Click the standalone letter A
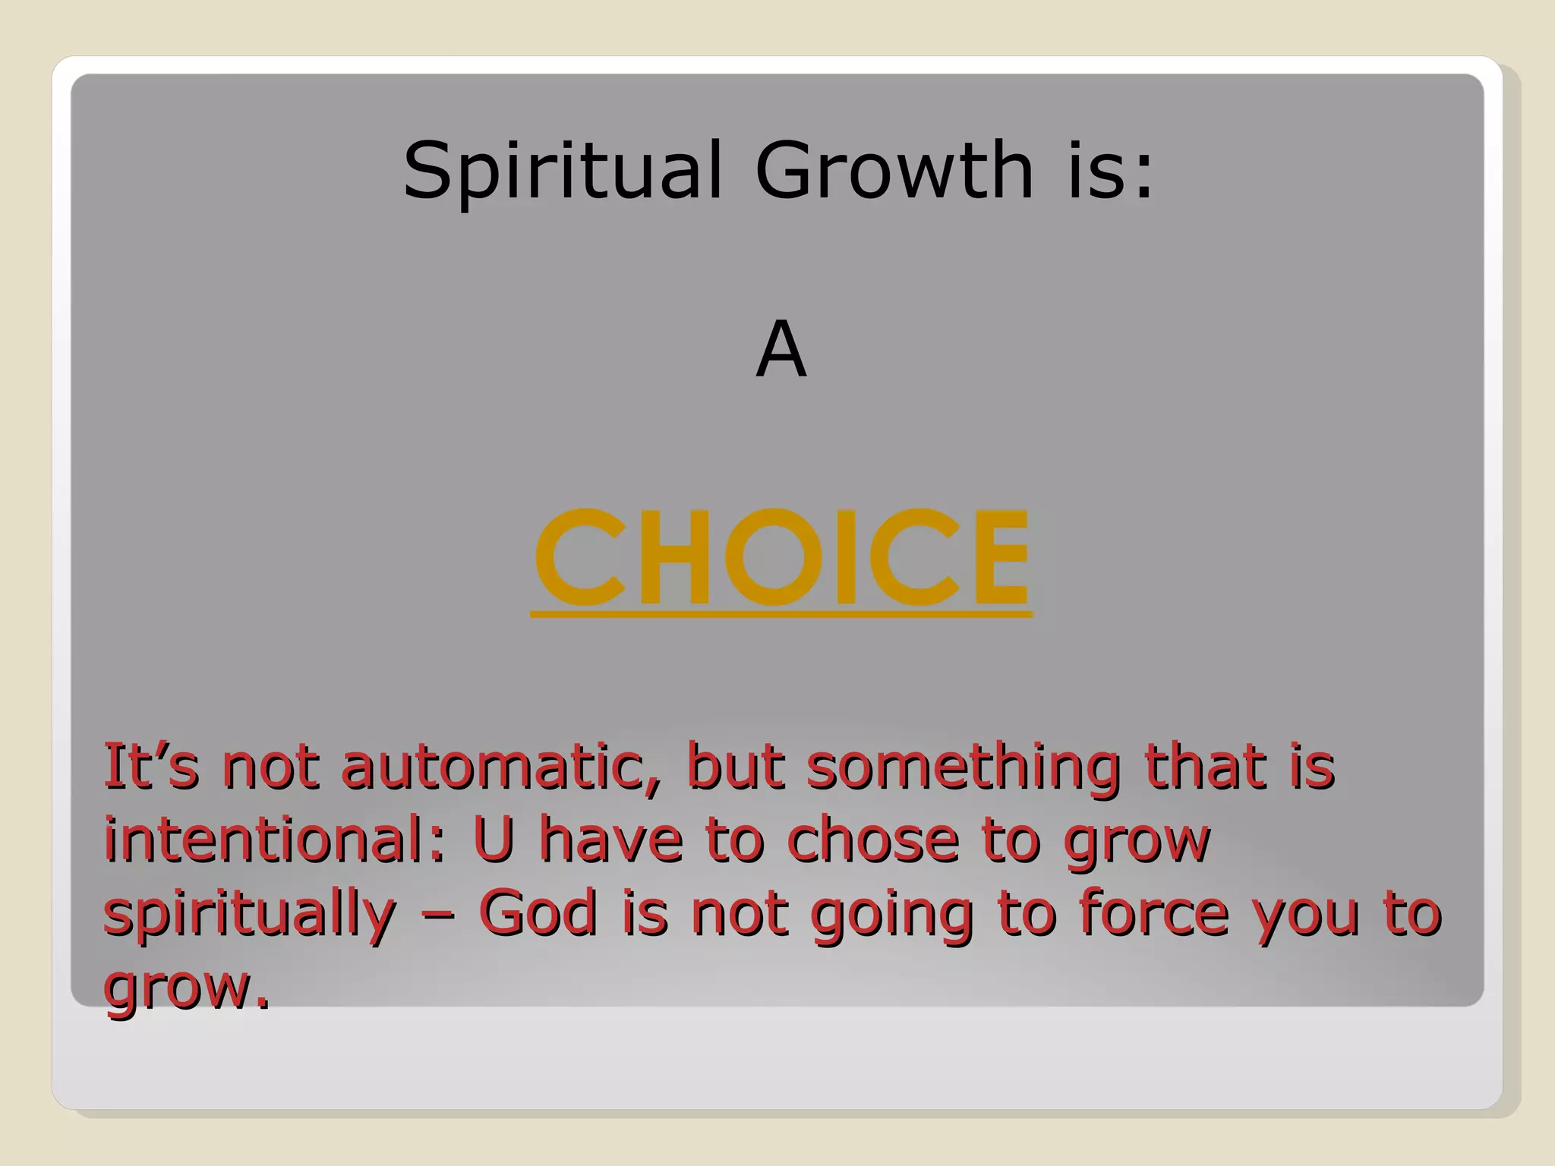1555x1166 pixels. [x=781, y=349]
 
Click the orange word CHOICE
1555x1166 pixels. [x=782, y=557]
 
